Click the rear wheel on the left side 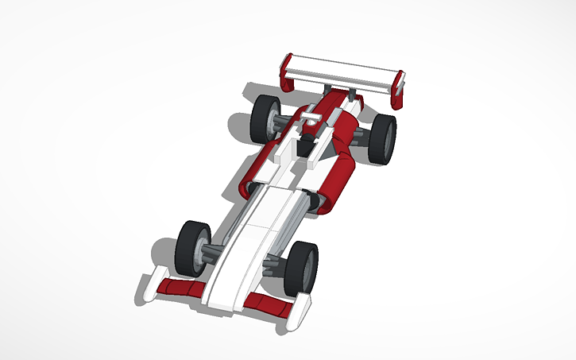pyautogui.click(x=265, y=118)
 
